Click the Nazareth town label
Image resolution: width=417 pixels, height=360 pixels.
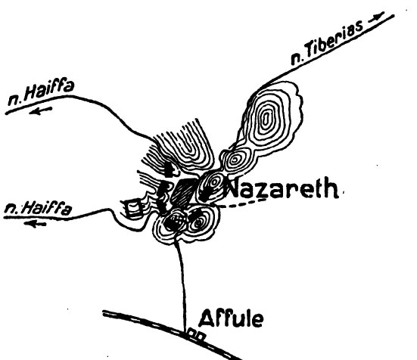pos(282,188)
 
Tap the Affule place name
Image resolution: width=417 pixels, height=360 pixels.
pos(231,318)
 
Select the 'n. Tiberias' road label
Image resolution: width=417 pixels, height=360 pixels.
pos(327,43)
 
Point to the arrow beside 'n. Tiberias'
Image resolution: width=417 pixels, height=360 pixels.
pos(376,17)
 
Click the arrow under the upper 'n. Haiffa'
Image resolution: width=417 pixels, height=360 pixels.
pos(41,110)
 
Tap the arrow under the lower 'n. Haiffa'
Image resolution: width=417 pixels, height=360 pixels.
pos(35,224)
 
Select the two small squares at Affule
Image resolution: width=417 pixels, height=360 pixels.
pos(197,335)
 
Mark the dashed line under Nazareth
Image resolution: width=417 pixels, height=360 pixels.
pos(242,203)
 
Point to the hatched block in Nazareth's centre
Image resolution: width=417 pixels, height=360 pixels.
pos(183,191)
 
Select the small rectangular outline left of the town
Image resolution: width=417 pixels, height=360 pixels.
pos(133,208)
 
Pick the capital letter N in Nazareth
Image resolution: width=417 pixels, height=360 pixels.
pos(235,188)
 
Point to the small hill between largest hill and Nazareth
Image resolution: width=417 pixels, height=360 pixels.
pos(235,160)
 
